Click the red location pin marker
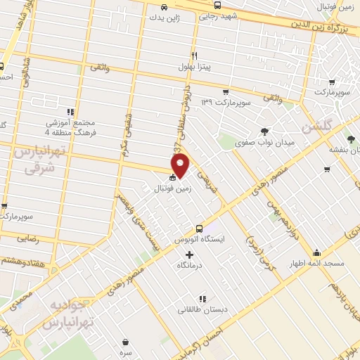tap(181, 165)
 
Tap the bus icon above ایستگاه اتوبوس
tap(199, 228)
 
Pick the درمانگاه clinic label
tap(191, 265)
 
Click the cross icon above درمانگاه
tap(189, 254)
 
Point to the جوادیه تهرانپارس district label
tap(67, 314)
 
